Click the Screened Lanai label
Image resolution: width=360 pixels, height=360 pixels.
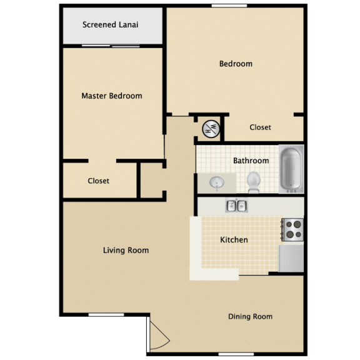click(110, 24)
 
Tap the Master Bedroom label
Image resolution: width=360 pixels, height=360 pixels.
click(112, 96)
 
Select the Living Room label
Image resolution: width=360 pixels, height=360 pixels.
click(126, 250)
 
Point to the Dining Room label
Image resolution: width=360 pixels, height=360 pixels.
click(250, 316)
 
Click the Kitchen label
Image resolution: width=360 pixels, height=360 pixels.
click(234, 240)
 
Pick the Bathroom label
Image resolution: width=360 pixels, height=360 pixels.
click(251, 161)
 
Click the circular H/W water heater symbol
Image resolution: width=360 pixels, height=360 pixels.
click(211, 129)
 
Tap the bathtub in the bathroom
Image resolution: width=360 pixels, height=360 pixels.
click(291, 169)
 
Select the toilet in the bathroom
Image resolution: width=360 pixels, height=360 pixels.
click(254, 182)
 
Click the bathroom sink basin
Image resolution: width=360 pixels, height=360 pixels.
click(217, 182)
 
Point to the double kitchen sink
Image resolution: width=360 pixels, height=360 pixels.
click(236, 205)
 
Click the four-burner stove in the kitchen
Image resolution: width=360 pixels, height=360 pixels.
click(293, 229)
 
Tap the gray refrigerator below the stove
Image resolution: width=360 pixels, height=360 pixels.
click(291, 259)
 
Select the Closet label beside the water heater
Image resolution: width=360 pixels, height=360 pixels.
click(260, 127)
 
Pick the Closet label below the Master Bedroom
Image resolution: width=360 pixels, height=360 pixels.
click(99, 181)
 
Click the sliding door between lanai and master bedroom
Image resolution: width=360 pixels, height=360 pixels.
click(111, 46)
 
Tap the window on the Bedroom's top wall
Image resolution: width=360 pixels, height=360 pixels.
click(229, 6)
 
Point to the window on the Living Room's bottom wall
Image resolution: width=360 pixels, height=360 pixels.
click(106, 314)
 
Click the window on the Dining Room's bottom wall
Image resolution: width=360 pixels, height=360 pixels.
click(236, 354)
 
